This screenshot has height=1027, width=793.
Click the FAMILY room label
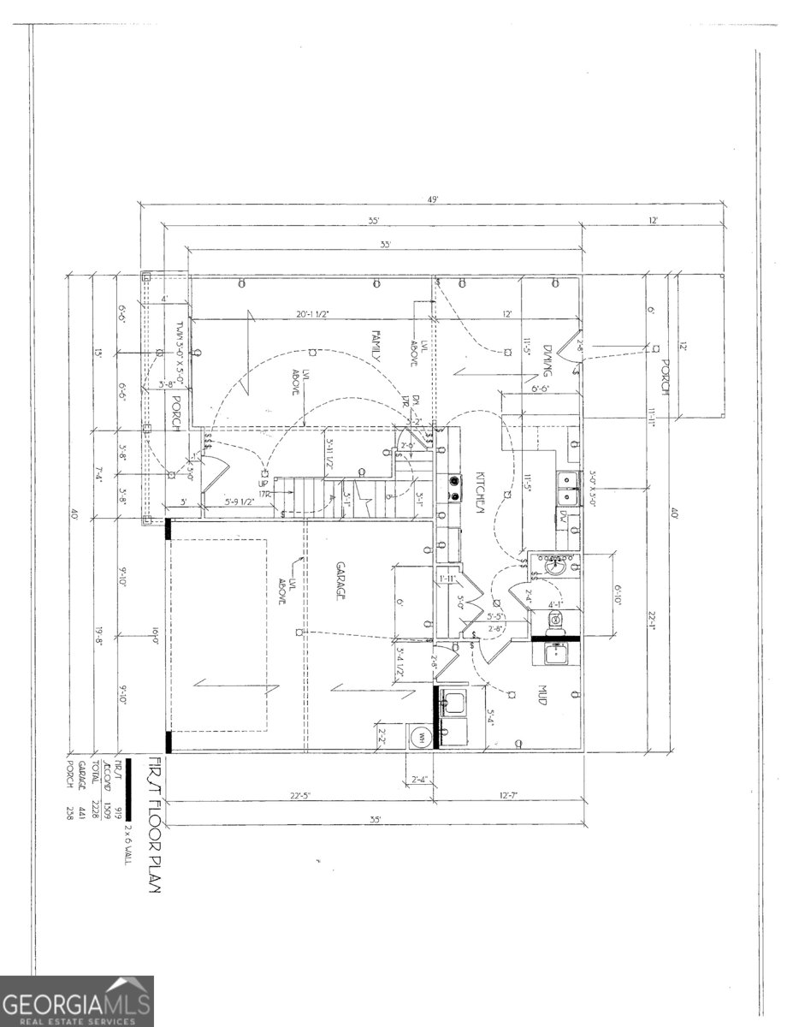pyautogui.click(x=375, y=348)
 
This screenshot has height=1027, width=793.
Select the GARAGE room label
pyautogui.click(x=340, y=582)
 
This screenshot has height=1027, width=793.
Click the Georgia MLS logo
pyautogui.click(x=77, y=1000)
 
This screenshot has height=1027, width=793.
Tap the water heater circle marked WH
pyautogui.click(x=421, y=736)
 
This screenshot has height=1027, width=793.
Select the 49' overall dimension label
pyautogui.click(x=434, y=199)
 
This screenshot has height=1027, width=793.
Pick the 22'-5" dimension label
pyautogui.click(x=299, y=796)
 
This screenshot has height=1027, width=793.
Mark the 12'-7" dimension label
pyautogui.click(x=511, y=796)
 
